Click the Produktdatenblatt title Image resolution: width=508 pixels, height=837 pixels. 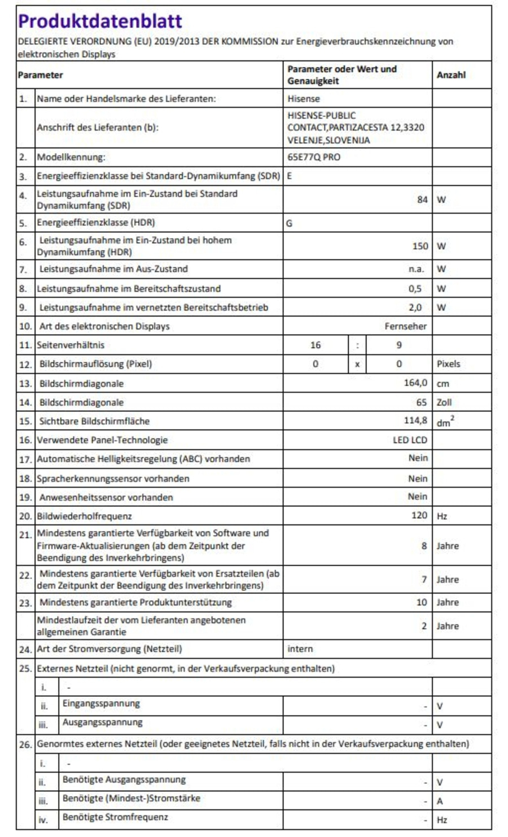point(100,21)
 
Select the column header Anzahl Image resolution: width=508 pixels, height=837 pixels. point(450,75)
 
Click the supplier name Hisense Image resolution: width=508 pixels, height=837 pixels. point(303,98)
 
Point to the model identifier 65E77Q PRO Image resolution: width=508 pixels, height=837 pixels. point(313,157)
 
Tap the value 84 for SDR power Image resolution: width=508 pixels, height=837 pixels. point(422,200)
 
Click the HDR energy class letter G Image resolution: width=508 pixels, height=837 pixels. point(289,223)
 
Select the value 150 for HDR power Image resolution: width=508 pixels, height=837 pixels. point(420,246)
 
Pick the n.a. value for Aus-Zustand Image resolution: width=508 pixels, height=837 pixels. point(417,269)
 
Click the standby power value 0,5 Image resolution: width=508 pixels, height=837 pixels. point(415,288)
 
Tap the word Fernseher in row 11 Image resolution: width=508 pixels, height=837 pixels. point(405,326)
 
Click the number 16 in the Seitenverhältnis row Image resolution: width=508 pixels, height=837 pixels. point(315,345)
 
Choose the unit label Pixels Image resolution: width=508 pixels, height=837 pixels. point(448,364)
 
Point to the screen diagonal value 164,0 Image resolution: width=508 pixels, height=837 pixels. point(415,383)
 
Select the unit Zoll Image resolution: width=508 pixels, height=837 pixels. point(444,402)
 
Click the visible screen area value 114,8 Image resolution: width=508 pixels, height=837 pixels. point(415,420)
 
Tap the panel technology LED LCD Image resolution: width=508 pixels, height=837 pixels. point(410,440)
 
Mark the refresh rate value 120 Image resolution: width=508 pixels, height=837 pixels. point(419,515)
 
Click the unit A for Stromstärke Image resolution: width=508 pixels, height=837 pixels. point(440,801)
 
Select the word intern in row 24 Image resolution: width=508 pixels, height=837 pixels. point(300,649)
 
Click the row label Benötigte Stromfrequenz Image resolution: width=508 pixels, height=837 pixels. point(115,817)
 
